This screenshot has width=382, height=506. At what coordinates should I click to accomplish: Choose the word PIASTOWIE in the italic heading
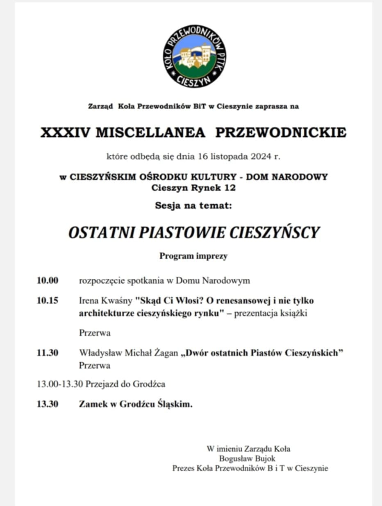[182, 233]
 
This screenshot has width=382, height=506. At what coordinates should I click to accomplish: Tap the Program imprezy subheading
[193, 256]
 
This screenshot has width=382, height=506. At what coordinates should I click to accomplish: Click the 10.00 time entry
[48, 281]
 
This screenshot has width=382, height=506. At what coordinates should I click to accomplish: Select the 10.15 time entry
[48, 301]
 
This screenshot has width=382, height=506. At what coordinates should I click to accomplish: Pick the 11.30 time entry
[48, 353]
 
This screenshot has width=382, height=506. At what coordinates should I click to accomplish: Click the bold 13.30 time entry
[48, 404]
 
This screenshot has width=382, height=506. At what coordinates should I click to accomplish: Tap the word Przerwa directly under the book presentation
[95, 333]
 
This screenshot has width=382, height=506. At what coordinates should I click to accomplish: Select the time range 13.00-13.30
[60, 384]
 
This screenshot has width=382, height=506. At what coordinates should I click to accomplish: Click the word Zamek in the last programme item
[92, 404]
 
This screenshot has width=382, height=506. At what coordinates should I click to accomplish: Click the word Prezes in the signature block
[184, 468]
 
